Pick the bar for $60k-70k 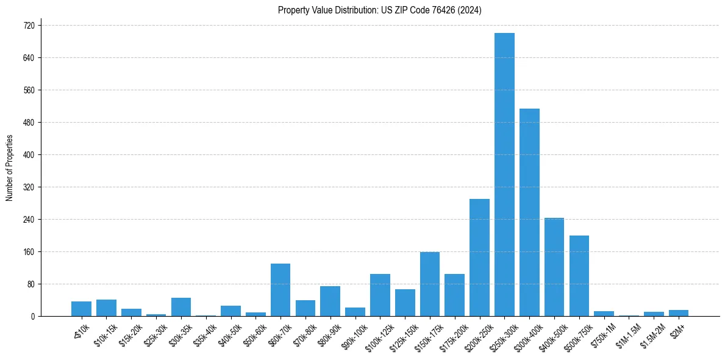click(280, 290)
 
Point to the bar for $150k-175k click(430, 284)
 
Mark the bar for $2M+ click(679, 313)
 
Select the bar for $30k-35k click(181, 307)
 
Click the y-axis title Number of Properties click(9, 168)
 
